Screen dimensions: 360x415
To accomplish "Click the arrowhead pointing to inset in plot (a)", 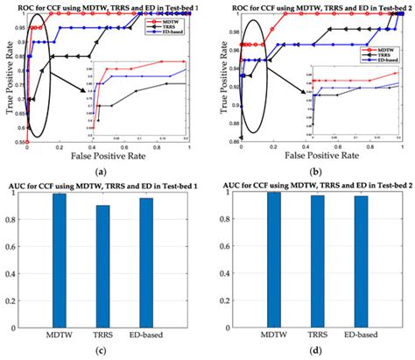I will point(88,89).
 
